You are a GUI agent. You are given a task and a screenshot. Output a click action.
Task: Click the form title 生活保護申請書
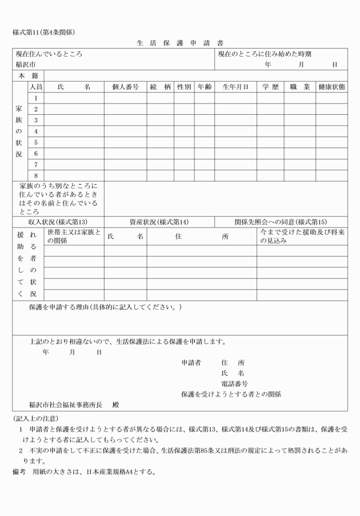point(180,43)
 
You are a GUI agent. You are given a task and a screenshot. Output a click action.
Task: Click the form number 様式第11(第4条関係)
point(44,31)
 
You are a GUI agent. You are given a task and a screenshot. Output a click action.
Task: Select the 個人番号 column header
point(125,87)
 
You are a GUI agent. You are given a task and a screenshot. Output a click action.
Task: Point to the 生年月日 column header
point(235,87)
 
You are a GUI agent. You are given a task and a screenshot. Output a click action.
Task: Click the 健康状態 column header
point(331,87)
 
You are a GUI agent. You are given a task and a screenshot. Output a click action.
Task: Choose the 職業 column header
point(299,87)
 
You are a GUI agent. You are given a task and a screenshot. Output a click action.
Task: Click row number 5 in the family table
point(35,142)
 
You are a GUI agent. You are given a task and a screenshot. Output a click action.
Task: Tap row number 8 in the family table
point(35,175)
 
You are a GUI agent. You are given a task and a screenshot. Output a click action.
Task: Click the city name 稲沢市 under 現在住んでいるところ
point(26,65)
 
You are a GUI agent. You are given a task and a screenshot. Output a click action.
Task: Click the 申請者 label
point(191,362)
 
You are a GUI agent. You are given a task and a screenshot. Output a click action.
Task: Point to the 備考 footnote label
point(19,472)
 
